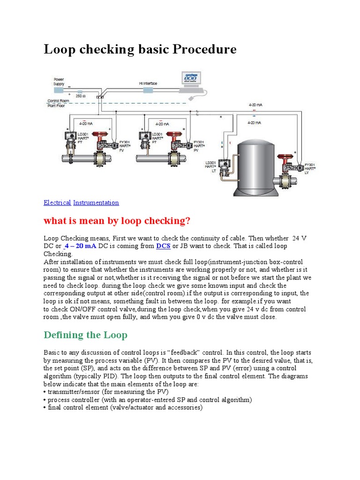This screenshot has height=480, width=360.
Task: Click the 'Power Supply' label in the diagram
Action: (59, 81)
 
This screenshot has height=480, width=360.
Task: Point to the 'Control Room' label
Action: (58, 101)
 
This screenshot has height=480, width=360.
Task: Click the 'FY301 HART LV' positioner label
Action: (309, 168)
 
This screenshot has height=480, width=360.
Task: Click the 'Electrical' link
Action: (57, 202)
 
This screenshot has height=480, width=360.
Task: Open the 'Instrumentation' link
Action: (96, 202)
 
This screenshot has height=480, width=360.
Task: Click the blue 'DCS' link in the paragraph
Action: (163, 246)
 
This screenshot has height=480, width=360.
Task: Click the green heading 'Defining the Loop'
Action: (85, 335)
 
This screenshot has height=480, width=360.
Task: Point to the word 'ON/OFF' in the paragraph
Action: (74, 309)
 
